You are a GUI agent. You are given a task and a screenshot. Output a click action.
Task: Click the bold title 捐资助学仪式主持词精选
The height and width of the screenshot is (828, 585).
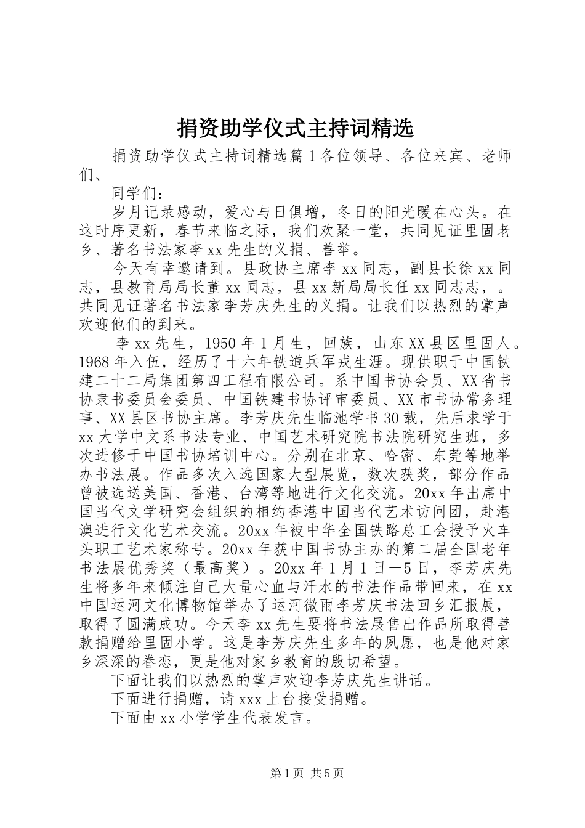tap(292, 128)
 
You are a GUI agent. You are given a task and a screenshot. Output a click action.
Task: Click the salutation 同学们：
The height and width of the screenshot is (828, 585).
tap(136, 193)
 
